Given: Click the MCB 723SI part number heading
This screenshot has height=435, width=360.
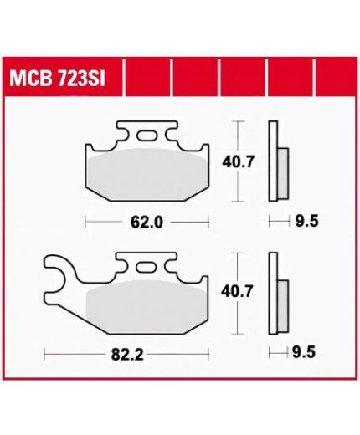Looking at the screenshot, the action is (x=57, y=79).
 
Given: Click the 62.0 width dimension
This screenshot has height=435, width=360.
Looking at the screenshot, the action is (x=147, y=223).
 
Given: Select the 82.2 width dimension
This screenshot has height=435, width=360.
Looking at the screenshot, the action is (x=127, y=355).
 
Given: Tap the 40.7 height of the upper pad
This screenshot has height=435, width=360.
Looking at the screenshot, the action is (x=239, y=162).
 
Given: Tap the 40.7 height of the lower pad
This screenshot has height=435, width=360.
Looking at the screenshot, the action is (x=237, y=291).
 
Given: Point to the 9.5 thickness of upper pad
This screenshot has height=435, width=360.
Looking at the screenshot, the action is (x=306, y=222).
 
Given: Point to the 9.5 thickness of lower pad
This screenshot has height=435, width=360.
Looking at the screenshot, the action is (x=304, y=352).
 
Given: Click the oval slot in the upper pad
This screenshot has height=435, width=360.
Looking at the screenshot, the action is (x=147, y=136).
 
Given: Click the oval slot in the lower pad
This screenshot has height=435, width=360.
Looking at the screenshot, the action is (x=146, y=267).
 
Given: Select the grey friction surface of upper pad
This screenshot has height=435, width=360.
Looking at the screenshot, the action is (x=148, y=174).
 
